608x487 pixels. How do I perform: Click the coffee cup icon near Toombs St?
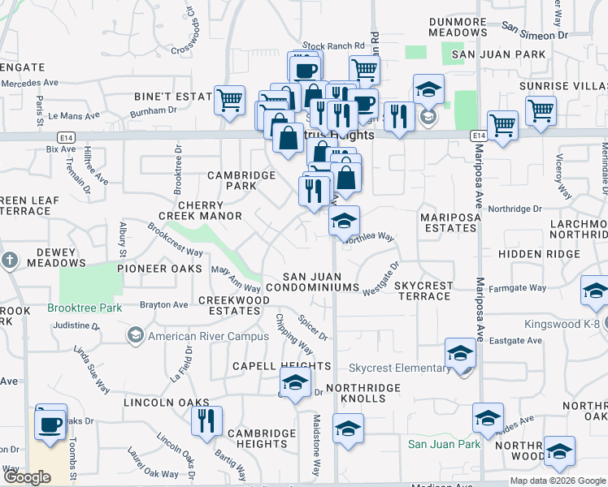tap(50, 423)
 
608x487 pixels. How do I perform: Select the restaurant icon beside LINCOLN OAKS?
tap(206, 420)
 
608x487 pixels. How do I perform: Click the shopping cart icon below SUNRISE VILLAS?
tap(541, 110)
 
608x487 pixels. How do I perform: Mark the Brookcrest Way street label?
tap(175, 239)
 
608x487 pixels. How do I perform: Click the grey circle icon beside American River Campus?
tap(135, 336)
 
